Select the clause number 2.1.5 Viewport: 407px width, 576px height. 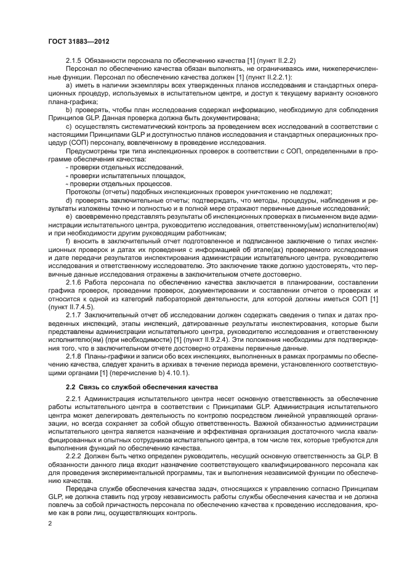pos(74,60)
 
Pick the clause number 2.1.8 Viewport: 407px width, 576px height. pos(74,357)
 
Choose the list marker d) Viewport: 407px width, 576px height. pos(68,200)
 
